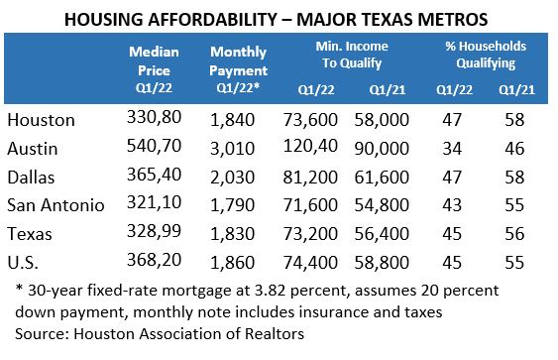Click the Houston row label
click(42, 121)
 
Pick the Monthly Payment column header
click(238, 62)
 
